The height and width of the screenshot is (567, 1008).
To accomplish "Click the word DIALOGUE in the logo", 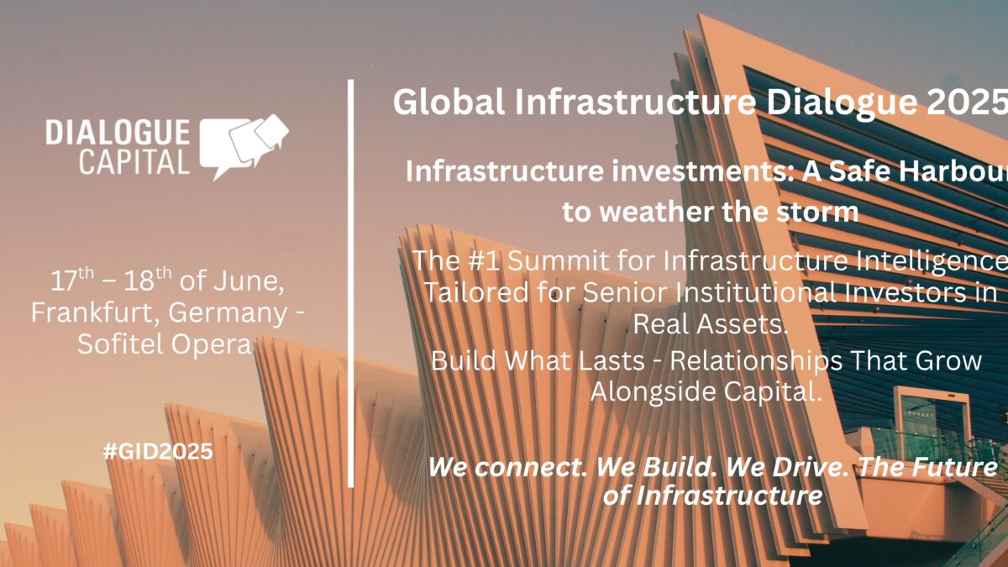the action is pyautogui.click(x=118, y=133).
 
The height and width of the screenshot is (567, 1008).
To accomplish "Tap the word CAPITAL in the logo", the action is pyautogui.click(x=134, y=162).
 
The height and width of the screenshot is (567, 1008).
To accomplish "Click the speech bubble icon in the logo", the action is pyautogui.click(x=244, y=147).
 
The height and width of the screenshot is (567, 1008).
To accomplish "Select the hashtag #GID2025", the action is pyautogui.click(x=158, y=451).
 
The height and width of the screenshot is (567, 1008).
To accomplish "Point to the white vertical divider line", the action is pyautogui.click(x=350, y=284).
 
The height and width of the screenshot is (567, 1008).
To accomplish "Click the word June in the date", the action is pyautogui.click(x=249, y=281).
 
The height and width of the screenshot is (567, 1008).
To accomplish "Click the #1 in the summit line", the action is pyautogui.click(x=484, y=260).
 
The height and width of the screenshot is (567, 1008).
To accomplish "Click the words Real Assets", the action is pyautogui.click(x=711, y=324).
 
